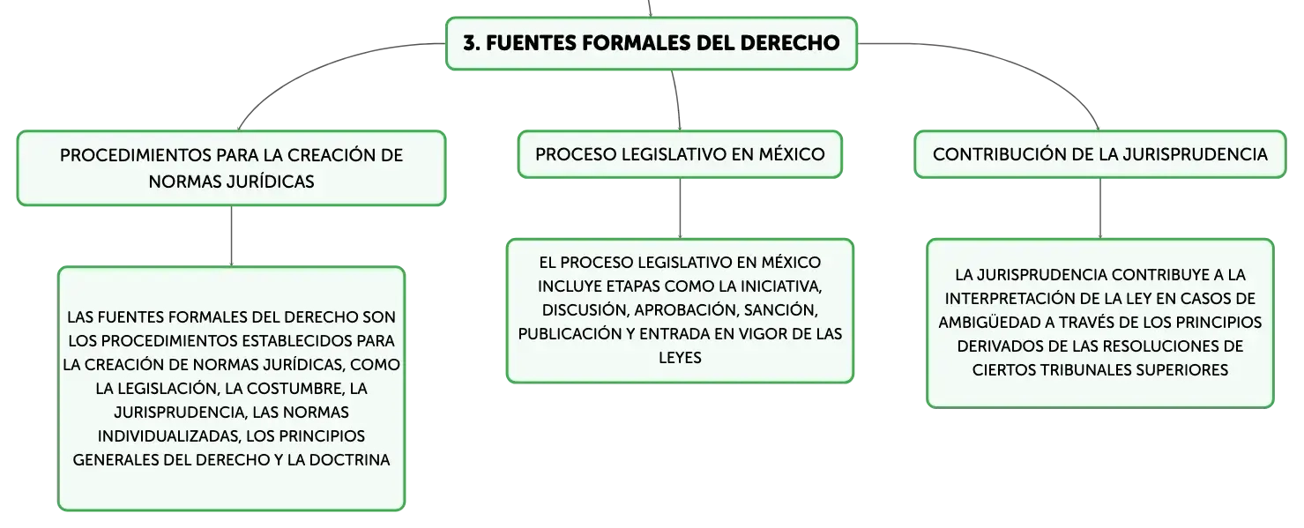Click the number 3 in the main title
[470, 43]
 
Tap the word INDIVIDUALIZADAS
[166, 436]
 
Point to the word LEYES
[680, 357]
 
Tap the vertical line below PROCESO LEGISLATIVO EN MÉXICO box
[680, 208]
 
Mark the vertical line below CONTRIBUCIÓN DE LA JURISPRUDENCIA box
[1100, 208]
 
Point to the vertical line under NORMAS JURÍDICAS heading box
[231, 235]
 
